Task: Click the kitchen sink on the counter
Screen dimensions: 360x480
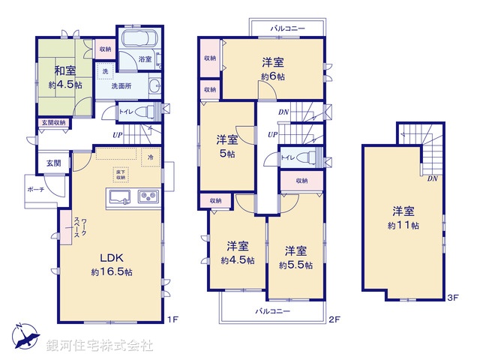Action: [121, 197]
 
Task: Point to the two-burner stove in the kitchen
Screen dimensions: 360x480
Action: [148, 197]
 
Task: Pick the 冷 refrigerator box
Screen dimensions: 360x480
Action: [149, 157]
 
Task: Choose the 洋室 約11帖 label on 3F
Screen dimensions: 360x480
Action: [404, 217]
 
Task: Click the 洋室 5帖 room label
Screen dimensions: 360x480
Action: [227, 145]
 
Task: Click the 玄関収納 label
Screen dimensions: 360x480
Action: [52, 123]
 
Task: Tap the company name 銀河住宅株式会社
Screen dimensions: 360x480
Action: [100, 345]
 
